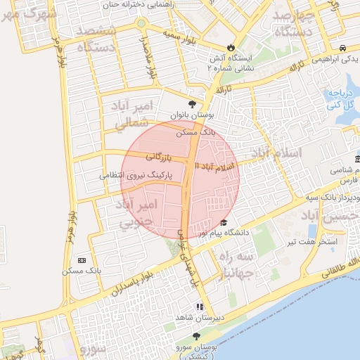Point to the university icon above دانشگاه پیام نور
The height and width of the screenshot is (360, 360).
pyautogui.click(x=224, y=222)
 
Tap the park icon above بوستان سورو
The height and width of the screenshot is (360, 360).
pyautogui.click(x=197, y=337)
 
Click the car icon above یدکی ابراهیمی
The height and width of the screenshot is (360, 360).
pyautogui.click(x=342, y=47)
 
